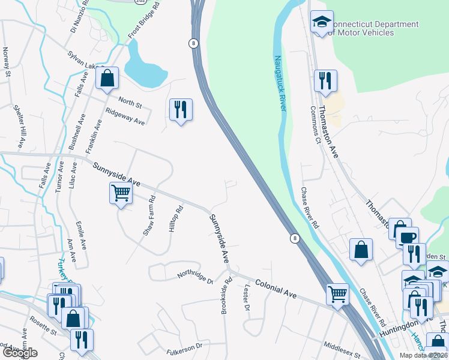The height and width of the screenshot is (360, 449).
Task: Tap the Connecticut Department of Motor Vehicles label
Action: coord(375,28)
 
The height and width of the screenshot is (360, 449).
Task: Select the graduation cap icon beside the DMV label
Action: coord(322,23)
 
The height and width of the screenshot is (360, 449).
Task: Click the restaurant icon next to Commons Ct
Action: coord(325,81)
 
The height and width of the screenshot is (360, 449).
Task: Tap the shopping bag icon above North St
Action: coord(107,79)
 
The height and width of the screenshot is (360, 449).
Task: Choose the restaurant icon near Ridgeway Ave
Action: coord(181,110)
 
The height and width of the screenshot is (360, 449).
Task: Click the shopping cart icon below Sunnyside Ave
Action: coord(121,194)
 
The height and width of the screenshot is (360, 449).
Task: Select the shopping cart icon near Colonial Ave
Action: coord(338,295)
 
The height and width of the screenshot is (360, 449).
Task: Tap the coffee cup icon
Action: coord(408,236)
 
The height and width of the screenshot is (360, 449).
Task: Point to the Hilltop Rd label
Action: coord(175,220)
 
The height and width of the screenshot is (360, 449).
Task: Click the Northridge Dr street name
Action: coord(195,277)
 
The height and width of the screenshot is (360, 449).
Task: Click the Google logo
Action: coord(19,353)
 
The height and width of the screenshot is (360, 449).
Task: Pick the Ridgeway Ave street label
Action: coord(125,116)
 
